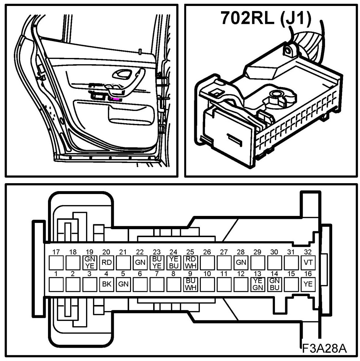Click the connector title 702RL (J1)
click(x=266, y=19)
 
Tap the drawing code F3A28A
click(x=324, y=348)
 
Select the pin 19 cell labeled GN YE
click(x=89, y=263)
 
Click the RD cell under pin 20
click(x=106, y=263)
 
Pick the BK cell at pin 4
click(x=106, y=284)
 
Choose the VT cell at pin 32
click(x=308, y=263)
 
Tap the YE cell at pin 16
click(x=308, y=284)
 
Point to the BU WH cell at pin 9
click(x=190, y=284)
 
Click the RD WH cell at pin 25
click(x=190, y=263)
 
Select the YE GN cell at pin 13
click(x=257, y=284)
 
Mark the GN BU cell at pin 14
click(x=274, y=284)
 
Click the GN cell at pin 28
click(x=241, y=263)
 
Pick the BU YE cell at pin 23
click(x=157, y=263)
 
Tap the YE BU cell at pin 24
click(x=173, y=263)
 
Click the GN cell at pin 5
click(x=123, y=284)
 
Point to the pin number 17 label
click(x=56, y=252)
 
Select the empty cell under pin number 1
click(x=56, y=284)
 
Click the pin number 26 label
click(x=207, y=252)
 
